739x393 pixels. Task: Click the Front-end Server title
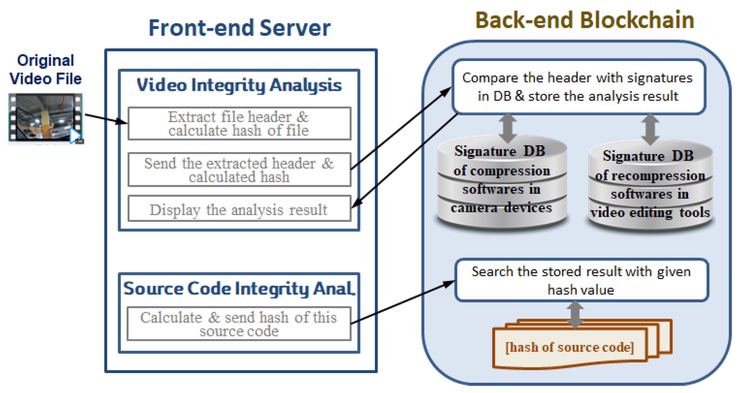coord(240,28)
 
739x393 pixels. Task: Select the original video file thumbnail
coord(45,118)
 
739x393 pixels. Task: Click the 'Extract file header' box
coord(239,124)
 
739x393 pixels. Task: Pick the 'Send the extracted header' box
coord(239,170)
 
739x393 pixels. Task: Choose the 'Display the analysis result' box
coord(239,209)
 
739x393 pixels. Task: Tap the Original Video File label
coord(45,69)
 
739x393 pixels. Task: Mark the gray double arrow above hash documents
coord(575,314)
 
